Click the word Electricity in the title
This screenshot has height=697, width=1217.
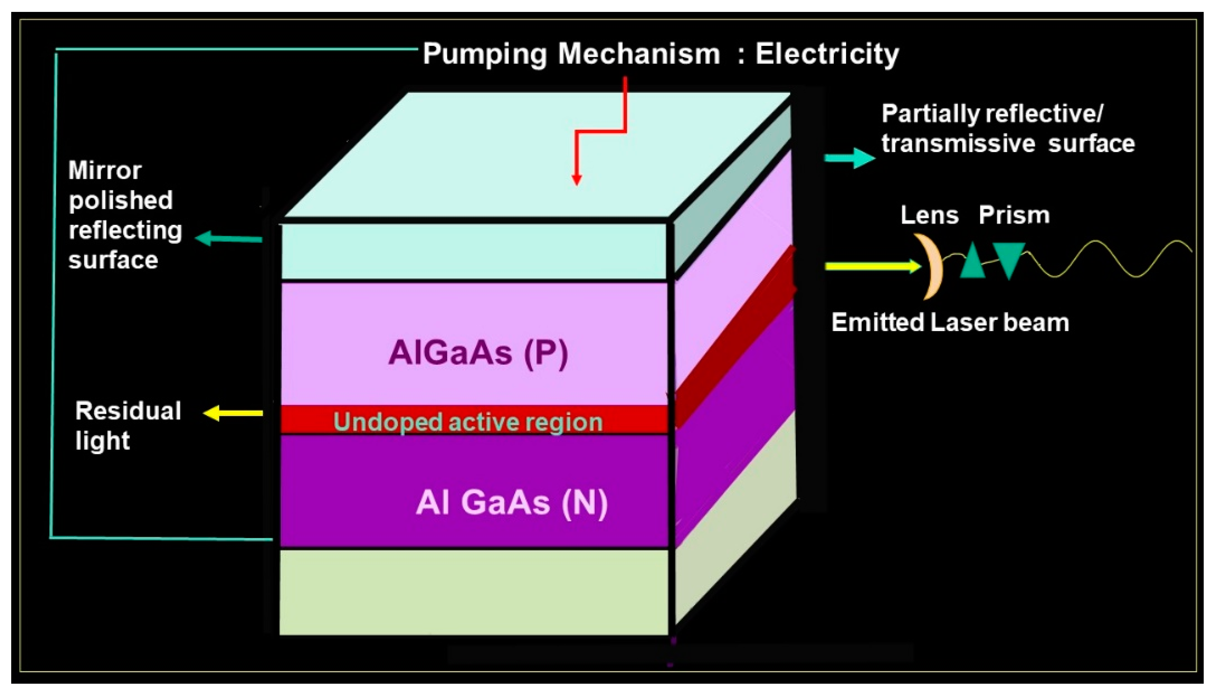click(x=827, y=54)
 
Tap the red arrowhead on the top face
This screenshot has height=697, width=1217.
click(x=576, y=180)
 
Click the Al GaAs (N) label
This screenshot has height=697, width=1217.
click(x=511, y=503)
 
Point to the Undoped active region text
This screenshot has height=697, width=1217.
click(x=468, y=422)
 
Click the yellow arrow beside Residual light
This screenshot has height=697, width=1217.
click(x=233, y=413)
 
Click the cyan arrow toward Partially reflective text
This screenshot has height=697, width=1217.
click(x=849, y=158)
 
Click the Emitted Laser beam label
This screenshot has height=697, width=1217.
click(x=950, y=322)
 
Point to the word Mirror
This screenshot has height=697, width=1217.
click(x=105, y=171)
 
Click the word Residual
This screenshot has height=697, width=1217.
click(x=128, y=411)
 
